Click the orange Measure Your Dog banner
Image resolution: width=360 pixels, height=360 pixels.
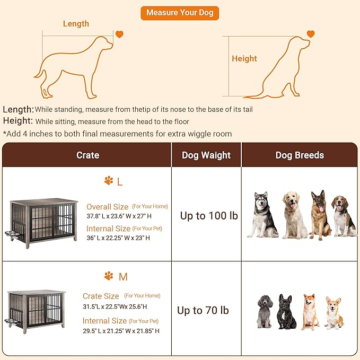[180, 13]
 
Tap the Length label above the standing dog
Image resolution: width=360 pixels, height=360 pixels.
[76, 24]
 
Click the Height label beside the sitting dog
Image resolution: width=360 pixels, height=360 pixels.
[244, 59]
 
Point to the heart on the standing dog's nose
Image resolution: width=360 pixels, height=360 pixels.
[120, 34]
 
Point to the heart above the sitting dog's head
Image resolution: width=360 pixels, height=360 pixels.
[311, 34]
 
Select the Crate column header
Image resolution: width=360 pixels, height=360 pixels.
[87, 155]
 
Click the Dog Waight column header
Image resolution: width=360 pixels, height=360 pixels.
[206, 155]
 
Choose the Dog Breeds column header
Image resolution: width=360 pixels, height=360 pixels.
[300, 155]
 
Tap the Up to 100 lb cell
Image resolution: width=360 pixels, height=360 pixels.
[209, 216]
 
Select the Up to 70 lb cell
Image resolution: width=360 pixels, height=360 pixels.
[203, 310]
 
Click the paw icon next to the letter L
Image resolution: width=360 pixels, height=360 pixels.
[109, 181]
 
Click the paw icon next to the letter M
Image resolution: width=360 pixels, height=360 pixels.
[109, 276]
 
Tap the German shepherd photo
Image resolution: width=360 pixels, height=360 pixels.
[319, 215]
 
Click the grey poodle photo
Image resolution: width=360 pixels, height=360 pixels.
[264, 311]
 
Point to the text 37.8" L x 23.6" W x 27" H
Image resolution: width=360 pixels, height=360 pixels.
[119, 216]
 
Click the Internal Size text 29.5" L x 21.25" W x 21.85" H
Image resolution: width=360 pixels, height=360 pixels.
[121, 331]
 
